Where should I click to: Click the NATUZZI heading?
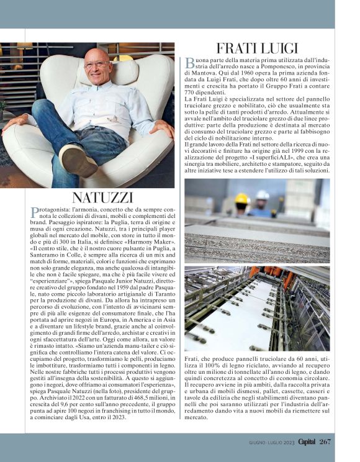[x=102, y=198]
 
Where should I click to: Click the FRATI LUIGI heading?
[x=257, y=48]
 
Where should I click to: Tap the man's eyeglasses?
[x=96, y=64]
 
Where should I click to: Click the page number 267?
[x=326, y=442]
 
